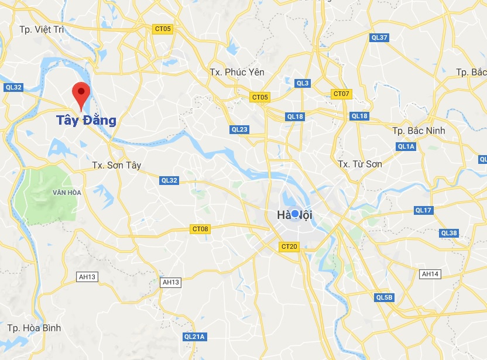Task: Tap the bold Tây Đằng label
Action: tap(86, 121)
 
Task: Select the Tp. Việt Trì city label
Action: tap(41, 29)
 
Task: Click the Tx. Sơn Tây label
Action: tap(117, 166)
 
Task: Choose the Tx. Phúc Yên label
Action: tap(237, 72)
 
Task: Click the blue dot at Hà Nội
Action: tap(295, 214)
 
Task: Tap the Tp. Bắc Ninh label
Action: tap(419, 130)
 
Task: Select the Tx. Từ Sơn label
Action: tap(360, 164)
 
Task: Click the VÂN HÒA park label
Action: tap(66, 192)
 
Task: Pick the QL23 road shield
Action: tap(239, 129)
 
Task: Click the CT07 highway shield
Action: tap(341, 94)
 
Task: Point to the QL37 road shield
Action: tap(379, 37)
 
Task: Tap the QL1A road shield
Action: tap(406, 146)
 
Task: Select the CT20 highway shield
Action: tap(289, 246)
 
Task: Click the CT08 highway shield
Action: tap(200, 229)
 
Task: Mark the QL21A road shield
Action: tap(194, 337)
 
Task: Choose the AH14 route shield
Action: tap(430, 273)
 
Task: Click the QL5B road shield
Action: tap(385, 297)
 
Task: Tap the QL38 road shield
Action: tap(449, 233)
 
